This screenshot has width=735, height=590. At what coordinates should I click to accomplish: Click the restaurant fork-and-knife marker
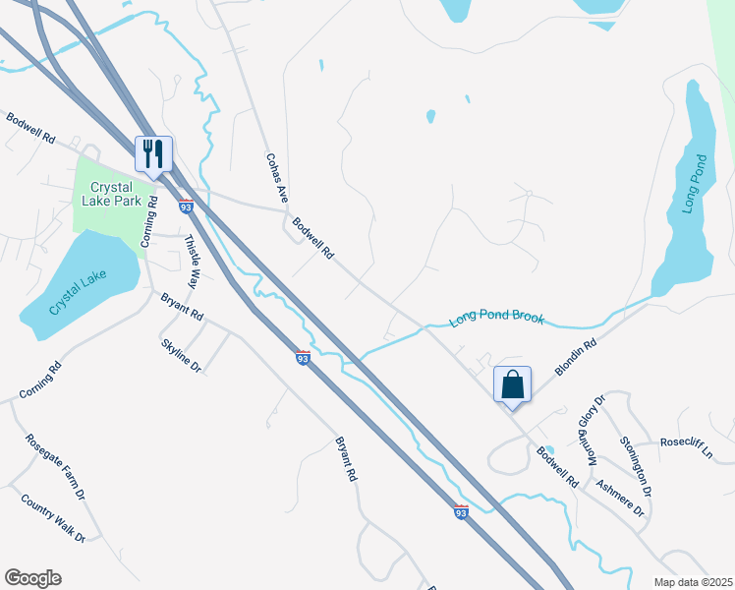pyautogui.click(x=153, y=153)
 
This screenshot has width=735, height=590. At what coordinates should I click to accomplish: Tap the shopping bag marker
pyautogui.click(x=512, y=383)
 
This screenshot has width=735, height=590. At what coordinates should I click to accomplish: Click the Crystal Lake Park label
pyautogui.click(x=124, y=193)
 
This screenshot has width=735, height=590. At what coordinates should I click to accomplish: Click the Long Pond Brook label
pyautogui.click(x=496, y=320)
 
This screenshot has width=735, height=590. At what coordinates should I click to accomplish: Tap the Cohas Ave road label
pyautogui.click(x=276, y=177)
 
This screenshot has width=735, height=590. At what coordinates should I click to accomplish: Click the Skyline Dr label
pyautogui.click(x=182, y=354)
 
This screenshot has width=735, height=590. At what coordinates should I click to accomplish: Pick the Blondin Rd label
pyautogui.click(x=577, y=358)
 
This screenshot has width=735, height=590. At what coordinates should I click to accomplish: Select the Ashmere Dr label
pyautogui.click(x=619, y=499)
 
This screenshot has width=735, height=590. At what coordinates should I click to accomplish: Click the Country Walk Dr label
pyautogui.click(x=53, y=517)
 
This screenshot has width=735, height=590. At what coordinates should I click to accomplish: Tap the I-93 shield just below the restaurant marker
pyautogui.click(x=186, y=206)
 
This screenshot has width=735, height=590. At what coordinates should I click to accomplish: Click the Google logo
pyautogui.click(x=32, y=578)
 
